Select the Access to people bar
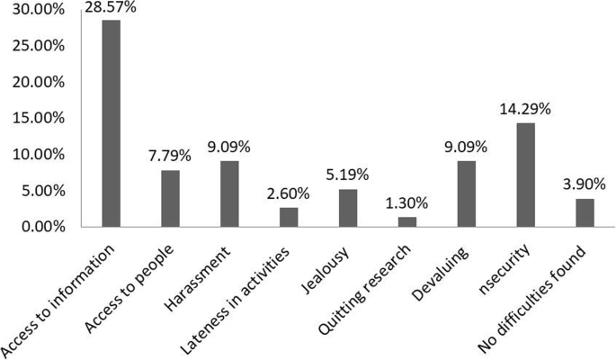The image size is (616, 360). coord(171,198)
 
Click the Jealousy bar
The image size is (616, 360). coord(348,208)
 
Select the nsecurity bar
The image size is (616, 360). coord(526,175)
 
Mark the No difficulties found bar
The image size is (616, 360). coord(585,212)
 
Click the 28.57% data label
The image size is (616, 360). coord(110,8)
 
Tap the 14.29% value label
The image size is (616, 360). coord(525,110)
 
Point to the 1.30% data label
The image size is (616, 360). coord(407,204)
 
